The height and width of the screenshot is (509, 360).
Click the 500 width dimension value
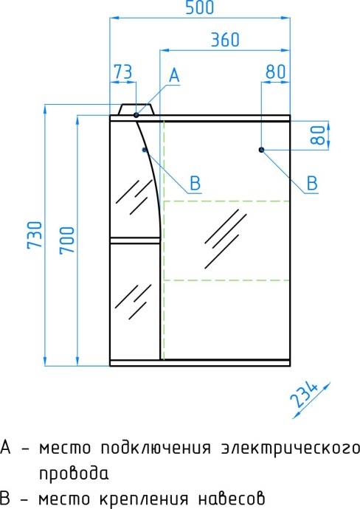pos(200,7)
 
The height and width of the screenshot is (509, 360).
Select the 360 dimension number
pos(225,40)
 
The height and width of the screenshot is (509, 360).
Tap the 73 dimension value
pos(123,72)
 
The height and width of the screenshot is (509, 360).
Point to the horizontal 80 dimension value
pos(276,72)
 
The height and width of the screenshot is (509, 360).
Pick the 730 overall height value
pos(35,235)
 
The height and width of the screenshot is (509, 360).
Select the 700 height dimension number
pos(67,240)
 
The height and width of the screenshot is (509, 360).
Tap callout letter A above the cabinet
pos(174,75)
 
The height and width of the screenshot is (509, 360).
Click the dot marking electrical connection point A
pos(136,115)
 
